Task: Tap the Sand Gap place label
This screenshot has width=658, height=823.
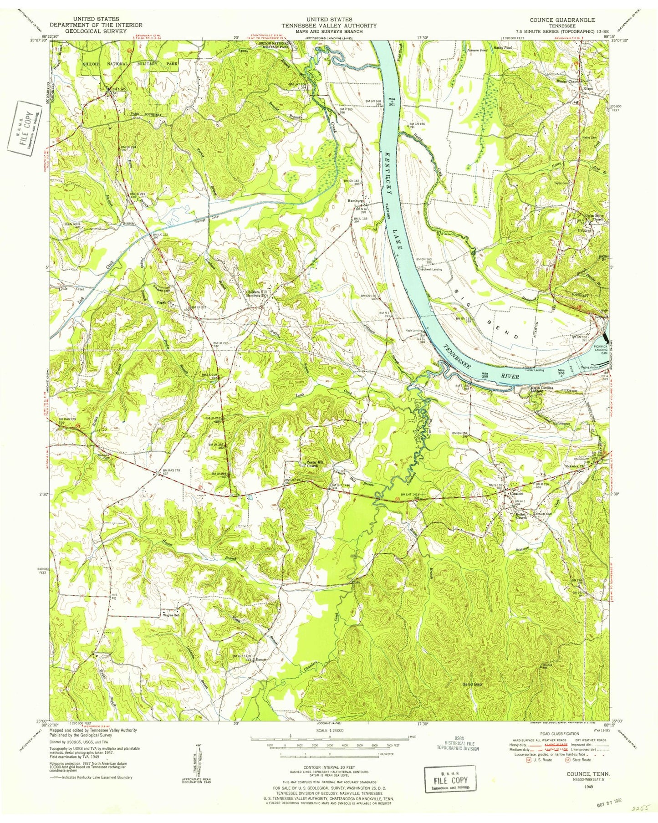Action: (473, 684)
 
